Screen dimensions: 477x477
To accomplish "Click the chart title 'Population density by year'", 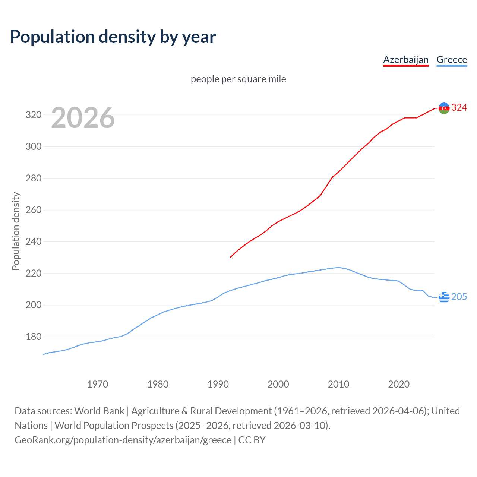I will pyautogui.click(x=113, y=37).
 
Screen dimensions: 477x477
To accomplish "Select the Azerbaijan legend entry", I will pyautogui.click(x=406, y=60).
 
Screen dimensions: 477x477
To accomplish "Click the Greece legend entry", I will pyautogui.click(x=452, y=60).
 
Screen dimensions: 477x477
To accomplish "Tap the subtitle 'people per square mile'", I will pyautogui.click(x=238, y=79).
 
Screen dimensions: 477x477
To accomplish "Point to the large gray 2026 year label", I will pyautogui.click(x=83, y=118).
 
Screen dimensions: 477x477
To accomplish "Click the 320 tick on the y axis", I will pyautogui.click(x=33, y=115).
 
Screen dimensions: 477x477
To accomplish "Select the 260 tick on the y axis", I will pyautogui.click(x=33, y=210).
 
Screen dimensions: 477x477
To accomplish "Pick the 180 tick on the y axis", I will pyautogui.click(x=33, y=337).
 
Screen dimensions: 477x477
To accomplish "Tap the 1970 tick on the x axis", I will pyautogui.click(x=98, y=384).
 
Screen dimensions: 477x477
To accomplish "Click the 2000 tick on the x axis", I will pyautogui.click(x=278, y=384).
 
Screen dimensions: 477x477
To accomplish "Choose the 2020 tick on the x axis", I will pyautogui.click(x=399, y=384).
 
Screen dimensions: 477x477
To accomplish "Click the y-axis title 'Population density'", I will pyautogui.click(x=16, y=231).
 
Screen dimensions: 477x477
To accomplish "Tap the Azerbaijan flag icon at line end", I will pyautogui.click(x=444, y=108).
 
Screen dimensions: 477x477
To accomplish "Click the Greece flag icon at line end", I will pyautogui.click(x=444, y=297).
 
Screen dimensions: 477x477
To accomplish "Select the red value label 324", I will pyautogui.click(x=459, y=108).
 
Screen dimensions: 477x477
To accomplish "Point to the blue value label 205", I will pyautogui.click(x=459, y=297).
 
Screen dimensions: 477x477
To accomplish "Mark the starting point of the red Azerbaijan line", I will pyautogui.click(x=230, y=258).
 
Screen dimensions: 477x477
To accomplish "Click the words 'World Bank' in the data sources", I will pyautogui.click(x=99, y=411).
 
